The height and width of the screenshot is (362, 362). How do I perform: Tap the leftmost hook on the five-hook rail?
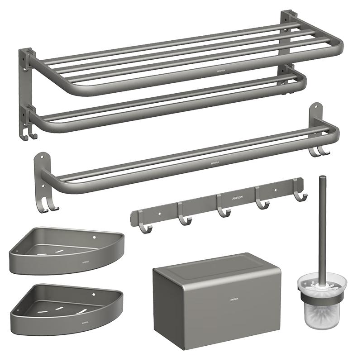coord(143,225)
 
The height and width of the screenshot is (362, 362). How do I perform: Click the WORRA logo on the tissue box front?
coord(233,299)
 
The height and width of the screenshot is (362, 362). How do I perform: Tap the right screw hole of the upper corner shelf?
coord(94,237)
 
